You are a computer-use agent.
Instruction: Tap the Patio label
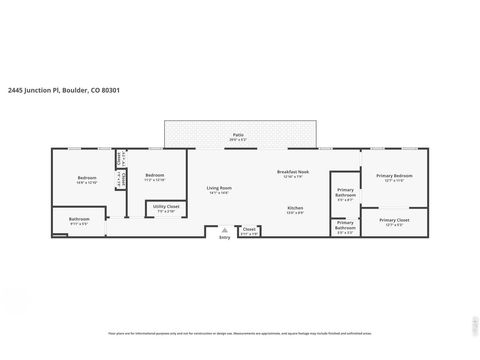pyautogui.click(x=238, y=133)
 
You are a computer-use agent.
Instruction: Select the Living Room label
pyautogui.click(x=219, y=187)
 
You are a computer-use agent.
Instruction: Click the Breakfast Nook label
pyautogui.click(x=293, y=171)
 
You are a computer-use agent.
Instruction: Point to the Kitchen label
pyautogui.click(x=295, y=207)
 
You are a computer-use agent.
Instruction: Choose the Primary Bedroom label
pyautogui.click(x=393, y=176)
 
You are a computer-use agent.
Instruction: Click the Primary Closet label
pyautogui.click(x=394, y=219)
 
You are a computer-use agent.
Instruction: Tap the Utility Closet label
pyautogui.click(x=164, y=208)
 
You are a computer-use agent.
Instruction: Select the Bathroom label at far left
pyautogui.click(x=79, y=218)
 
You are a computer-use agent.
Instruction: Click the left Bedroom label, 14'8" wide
pyautogui.click(x=86, y=178)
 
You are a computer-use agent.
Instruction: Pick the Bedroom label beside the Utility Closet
pyautogui.click(x=154, y=176)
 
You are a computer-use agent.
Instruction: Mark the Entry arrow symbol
pyautogui.click(x=223, y=229)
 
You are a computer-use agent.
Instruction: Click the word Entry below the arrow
pyautogui.click(x=223, y=237)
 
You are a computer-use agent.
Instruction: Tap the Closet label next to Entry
pyautogui.click(x=249, y=229)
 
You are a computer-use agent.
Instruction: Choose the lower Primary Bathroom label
pyautogui.click(x=345, y=225)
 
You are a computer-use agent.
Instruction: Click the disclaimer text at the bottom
pyautogui.click(x=240, y=332)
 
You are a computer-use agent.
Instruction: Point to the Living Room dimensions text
pyautogui.click(x=219, y=193)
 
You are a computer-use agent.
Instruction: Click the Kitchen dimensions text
pyautogui.click(x=295, y=213)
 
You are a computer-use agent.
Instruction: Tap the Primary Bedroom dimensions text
pyautogui.click(x=393, y=181)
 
